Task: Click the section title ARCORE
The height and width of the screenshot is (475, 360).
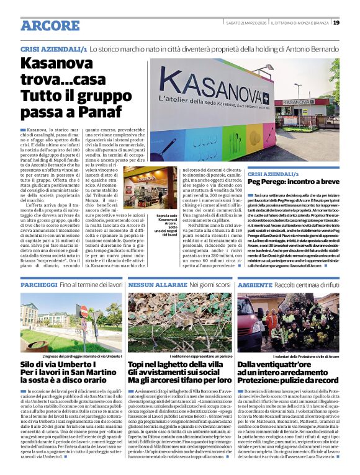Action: tap(50, 25)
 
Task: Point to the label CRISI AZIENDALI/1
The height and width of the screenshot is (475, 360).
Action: tap(53, 48)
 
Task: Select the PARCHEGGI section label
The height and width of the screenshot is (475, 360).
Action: tap(38, 284)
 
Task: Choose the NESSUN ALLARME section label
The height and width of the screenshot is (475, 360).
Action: tap(151, 284)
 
